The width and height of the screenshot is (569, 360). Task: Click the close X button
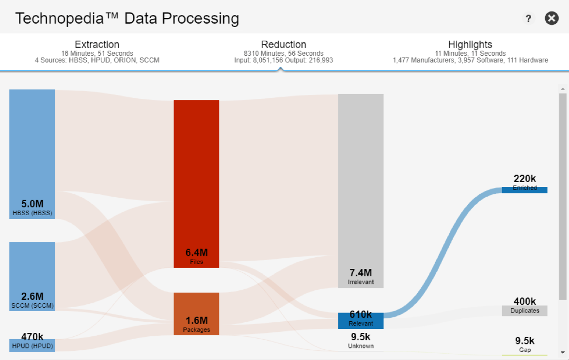552,18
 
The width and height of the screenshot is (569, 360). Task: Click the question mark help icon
528,19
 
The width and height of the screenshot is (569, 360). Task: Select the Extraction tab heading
97,45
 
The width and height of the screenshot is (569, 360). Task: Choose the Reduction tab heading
284,45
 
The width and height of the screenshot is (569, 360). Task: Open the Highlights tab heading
470,45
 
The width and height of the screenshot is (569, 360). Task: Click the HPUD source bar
32,345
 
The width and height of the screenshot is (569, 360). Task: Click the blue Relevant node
361,321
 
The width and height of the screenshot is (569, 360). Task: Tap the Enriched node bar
524,189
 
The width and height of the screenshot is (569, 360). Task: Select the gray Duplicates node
524,311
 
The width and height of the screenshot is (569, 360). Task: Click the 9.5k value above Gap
524,340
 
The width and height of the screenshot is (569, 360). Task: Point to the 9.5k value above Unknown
361,337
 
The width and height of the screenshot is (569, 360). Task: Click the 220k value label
524,179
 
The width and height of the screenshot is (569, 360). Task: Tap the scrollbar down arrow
563,352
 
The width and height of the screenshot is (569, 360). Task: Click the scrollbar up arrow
563,89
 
